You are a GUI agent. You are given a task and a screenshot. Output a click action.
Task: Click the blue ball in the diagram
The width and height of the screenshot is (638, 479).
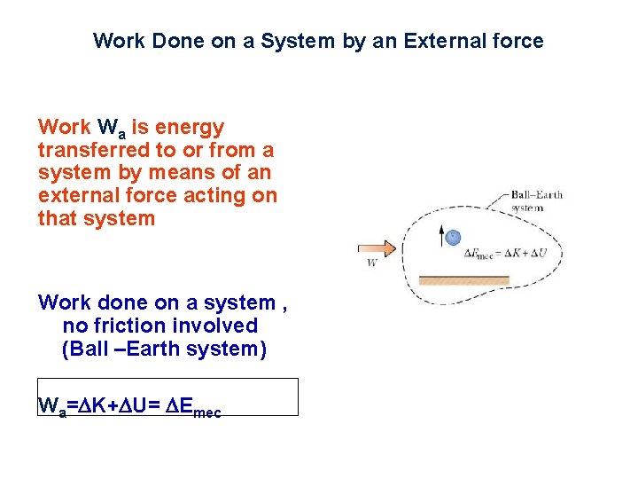coord(453,237)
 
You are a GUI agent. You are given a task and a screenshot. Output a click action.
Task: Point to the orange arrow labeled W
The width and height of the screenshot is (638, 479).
coord(376,249)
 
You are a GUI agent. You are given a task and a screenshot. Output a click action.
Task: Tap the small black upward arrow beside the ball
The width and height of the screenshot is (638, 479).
coord(441,234)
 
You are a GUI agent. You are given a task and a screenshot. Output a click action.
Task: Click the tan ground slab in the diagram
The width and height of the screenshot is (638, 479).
coord(464,280)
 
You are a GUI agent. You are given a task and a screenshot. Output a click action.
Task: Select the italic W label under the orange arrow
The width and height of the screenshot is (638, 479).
coord(372,263)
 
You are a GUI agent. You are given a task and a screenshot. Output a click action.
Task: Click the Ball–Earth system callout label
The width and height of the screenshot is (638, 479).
coord(536,201)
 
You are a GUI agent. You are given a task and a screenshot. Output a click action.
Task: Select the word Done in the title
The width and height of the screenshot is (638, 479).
coord(164,41)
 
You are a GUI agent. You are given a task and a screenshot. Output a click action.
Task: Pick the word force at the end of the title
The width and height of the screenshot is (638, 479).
coord(519,41)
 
